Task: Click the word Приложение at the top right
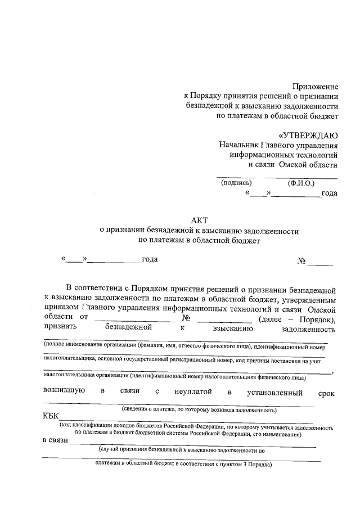[315, 87]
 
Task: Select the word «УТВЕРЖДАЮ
[308, 135]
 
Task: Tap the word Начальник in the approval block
[240, 145]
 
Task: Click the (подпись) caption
[236, 183]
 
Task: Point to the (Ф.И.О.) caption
[301, 183]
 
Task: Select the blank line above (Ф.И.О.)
[301, 177]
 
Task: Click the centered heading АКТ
[199, 220]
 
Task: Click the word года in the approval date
[329, 193]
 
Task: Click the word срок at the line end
[326, 393]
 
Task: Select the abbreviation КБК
[54, 417]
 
